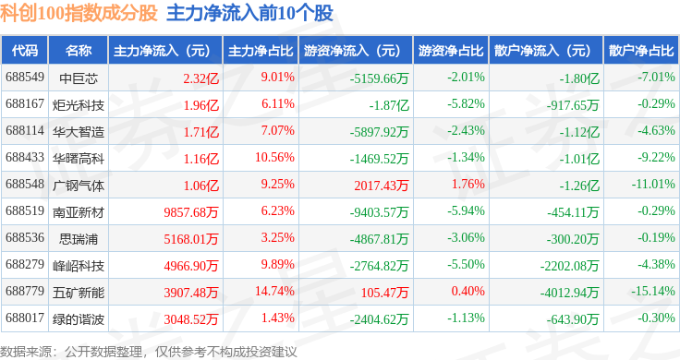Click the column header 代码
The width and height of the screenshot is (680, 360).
[x=25, y=51]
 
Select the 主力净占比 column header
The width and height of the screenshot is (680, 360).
[x=261, y=51]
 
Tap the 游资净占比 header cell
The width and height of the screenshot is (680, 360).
[x=451, y=51]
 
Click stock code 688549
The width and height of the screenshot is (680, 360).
[x=25, y=78]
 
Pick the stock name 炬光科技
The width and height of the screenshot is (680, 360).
[x=79, y=105]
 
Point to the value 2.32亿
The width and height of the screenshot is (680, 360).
[x=200, y=78]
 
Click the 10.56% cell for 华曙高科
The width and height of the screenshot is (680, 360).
[x=274, y=157]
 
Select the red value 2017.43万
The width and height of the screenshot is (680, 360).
[x=382, y=186]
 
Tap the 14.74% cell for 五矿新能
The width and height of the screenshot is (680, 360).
[x=274, y=291]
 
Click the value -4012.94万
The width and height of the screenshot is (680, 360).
[x=569, y=293]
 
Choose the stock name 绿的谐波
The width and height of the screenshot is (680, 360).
[x=79, y=319]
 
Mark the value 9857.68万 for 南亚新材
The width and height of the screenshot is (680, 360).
[x=191, y=212]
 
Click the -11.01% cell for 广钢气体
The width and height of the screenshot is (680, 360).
[x=653, y=184]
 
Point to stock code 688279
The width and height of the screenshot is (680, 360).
[x=25, y=264]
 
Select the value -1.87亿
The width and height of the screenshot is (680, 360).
[x=389, y=105]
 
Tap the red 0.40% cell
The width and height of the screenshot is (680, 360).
[x=467, y=291]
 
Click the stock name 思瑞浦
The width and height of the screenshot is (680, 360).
[x=79, y=239]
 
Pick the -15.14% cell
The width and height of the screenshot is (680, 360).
[x=653, y=291]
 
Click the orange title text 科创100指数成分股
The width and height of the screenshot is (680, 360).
[x=79, y=13]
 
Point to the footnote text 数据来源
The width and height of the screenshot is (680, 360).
[x=26, y=352]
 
